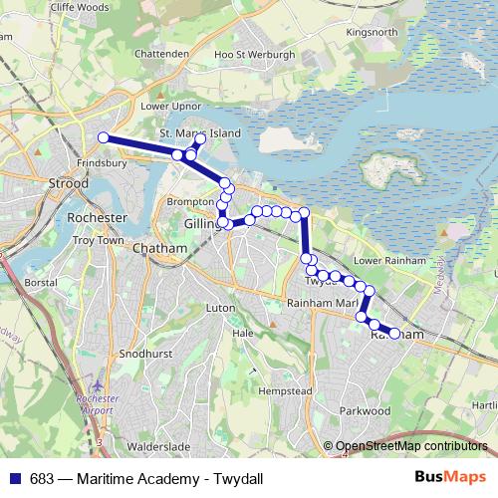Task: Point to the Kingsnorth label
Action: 371,32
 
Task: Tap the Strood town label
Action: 68,183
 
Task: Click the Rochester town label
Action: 96,217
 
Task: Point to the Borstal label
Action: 40,283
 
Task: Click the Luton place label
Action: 219,309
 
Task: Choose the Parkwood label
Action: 365,410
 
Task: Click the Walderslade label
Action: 156,448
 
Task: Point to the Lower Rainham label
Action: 383,260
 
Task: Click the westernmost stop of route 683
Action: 103,138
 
